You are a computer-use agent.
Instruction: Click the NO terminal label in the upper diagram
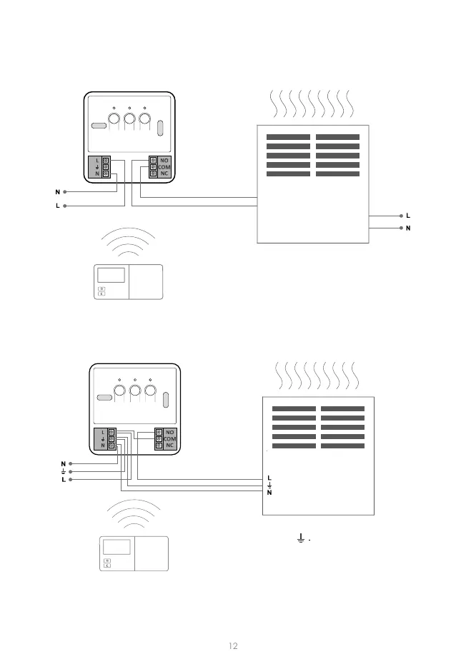164,160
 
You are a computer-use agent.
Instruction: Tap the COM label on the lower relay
169,438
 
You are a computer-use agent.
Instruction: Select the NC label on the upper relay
164,173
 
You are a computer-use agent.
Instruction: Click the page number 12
233,645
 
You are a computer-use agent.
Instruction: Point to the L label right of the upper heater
408,215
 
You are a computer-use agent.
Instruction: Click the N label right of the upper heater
408,228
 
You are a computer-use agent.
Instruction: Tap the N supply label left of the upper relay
58,191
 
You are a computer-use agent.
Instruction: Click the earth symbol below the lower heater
301,536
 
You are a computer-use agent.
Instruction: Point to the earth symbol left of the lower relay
63,471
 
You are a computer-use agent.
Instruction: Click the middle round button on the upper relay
129,119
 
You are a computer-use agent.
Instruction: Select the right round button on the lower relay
150,391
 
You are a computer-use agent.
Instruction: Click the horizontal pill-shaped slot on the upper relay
99,126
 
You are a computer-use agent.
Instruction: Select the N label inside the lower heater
269,493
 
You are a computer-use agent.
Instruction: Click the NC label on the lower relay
169,446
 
